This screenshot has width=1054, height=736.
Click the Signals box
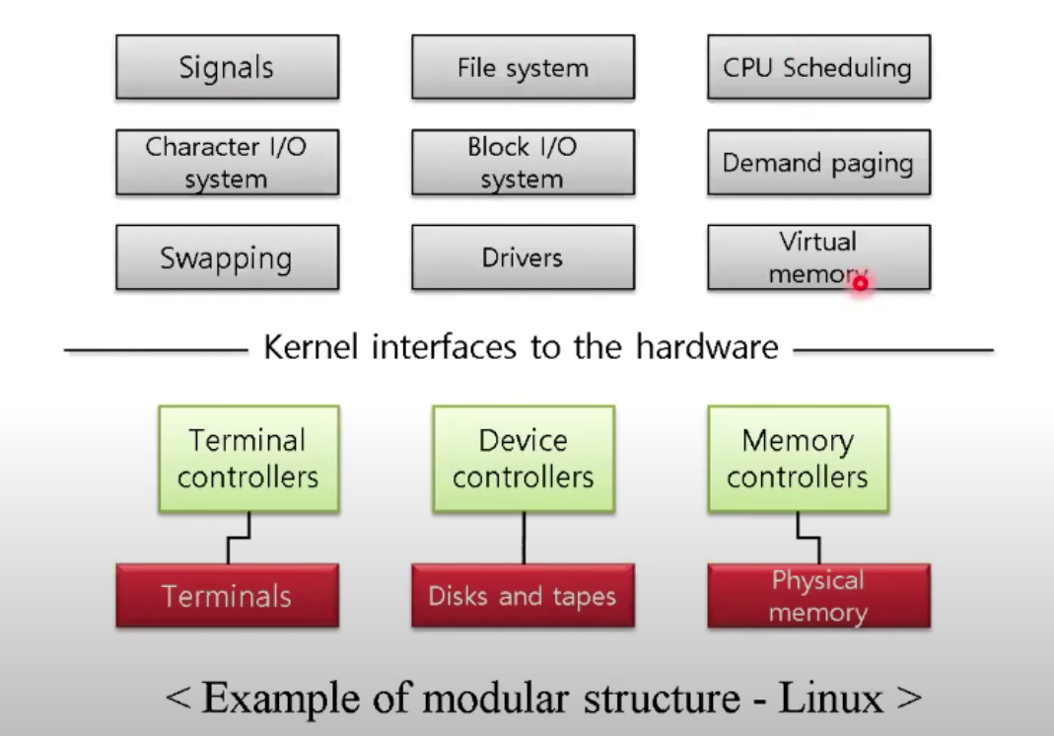click(x=227, y=68)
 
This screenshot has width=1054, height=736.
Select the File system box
click(x=522, y=68)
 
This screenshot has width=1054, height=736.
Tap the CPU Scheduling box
click(x=817, y=68)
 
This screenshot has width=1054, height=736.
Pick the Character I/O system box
click(x=227, y=163)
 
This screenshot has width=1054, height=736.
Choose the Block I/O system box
click(x=522, y=163)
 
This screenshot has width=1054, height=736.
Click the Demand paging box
click(x=817, y=163)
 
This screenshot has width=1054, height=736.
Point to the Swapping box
click(x=227, y=258)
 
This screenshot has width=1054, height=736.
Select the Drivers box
click(x=522, y=258)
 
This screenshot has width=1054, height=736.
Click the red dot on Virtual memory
click(x=860, y=284)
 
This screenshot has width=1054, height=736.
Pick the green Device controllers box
click(x=522, y=460)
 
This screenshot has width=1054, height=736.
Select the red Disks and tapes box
click(x=522, y=596)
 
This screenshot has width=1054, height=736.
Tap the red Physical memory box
click(x=817, y=596)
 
